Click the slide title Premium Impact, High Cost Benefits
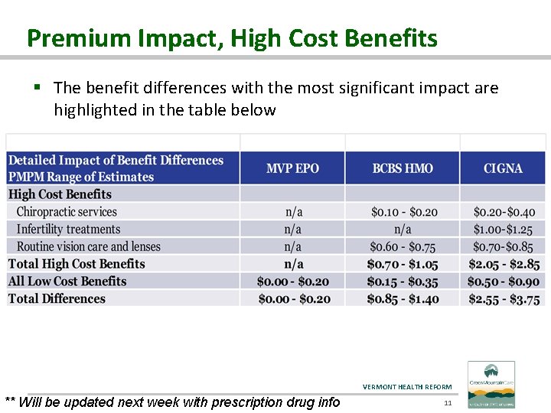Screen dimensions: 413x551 pos(232,38)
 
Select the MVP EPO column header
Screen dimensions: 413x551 pos(292,168)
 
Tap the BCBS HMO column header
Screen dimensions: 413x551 pos(403,168)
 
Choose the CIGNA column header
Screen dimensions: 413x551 pos(503,168)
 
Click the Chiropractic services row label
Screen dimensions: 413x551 pos(67,212)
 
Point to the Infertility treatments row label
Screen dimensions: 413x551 pos(68,229)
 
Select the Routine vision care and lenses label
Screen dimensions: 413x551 pos(88,246)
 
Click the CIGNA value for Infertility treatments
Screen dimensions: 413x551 pos(504,229)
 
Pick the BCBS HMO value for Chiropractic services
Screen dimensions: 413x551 pos(403,212)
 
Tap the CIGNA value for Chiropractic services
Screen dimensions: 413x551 pos(504,212)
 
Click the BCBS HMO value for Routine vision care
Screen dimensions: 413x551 pos(403,246)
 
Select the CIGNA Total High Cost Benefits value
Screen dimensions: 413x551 pos(504,264)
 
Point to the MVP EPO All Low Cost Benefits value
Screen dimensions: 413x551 pos(293,281)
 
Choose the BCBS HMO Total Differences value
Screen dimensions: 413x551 pos(403,299)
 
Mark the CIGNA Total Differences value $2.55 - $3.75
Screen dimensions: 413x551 pos(504,299)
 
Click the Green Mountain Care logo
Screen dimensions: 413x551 pos(491,385)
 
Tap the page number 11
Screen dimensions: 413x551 pos(448,402)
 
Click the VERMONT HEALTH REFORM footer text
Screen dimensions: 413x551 pos(407,387)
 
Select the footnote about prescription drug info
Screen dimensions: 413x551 pos(172,402)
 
